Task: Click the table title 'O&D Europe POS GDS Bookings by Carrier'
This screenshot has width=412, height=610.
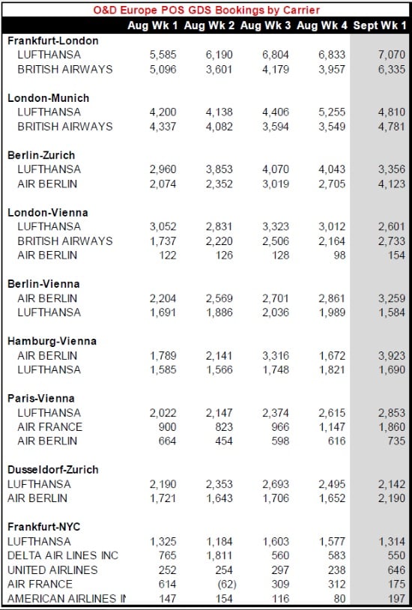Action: (x=207, y=9)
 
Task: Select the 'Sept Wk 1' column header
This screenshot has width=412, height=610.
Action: (x=380, y=25)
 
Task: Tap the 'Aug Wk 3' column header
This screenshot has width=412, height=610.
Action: (x=265, y=25)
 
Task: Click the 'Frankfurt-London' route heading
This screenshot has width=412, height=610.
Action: (x=53, y=41)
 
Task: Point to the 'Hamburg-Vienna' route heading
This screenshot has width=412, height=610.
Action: (x=52, y=341)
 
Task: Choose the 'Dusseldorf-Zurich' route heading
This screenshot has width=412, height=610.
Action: (x=53, y=470)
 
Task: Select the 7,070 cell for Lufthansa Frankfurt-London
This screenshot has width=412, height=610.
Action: (x=391, y=55)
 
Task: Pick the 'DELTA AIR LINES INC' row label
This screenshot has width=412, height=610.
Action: (x=63, y=555)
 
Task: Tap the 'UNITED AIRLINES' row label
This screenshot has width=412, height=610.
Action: (x=52, y=570)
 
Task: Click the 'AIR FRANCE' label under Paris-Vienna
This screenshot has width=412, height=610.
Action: (x=49, y=426)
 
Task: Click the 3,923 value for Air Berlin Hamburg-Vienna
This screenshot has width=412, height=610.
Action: (x=391, y=355)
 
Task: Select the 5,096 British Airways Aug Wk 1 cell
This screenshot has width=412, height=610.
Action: (x=163, y=69)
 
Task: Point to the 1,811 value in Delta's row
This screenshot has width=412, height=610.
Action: (x=219, y=555)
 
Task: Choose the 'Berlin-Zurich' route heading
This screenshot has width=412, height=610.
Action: (x=41, y=155)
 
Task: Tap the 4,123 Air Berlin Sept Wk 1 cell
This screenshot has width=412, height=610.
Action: (x=391, y=184)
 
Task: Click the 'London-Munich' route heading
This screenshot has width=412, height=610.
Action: (x=48, y=98)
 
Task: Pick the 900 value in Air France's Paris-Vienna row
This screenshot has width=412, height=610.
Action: (x=167, y=426)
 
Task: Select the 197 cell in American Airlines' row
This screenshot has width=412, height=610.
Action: (x=396, y=598)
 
